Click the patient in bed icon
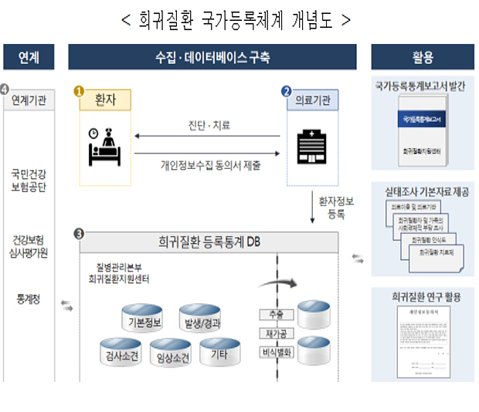pyautogui.click(x=104, y=146)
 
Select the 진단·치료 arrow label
pyautogui.click(x=209, y=126)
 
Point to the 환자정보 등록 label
pyautogui.click(x=335, y=207)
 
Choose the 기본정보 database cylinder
pyautogui.click(x=144, y=317)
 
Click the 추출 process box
pyautogui.click(x=276, y=315)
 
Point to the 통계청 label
pyautogui.click(x=28, y=296)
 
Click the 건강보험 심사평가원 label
pyautogui.click(x=29, y=245)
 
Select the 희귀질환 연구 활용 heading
pyautogui.click(x=423, y=297)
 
